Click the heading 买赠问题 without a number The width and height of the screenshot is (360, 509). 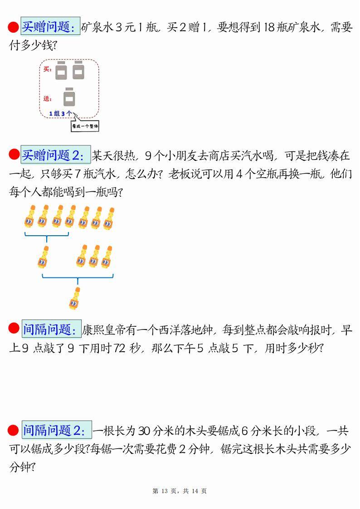[x=50, y=26]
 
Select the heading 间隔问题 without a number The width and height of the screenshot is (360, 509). [x=51, y=329]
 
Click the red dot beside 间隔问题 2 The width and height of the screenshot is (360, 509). [x=13, y=430]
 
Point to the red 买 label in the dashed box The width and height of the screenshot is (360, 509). [x=47, y=69]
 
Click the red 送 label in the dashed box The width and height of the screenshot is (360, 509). [x=47, y=98]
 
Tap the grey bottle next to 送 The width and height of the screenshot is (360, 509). [x=69, y=97]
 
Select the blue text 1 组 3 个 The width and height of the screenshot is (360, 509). [x=60, y=113]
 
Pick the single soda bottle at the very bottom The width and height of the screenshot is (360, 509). [x=75, y=298]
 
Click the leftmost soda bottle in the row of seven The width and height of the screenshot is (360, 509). [x=30, y=216]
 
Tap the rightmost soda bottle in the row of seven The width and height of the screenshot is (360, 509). [x=109, y=219]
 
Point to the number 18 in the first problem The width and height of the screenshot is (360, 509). [x=269, y=27]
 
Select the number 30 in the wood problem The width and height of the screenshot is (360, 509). [x=144, y=431]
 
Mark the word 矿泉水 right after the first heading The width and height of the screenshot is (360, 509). [x=97, y=27]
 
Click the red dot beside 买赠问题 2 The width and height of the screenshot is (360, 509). [x=14, y=155]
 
